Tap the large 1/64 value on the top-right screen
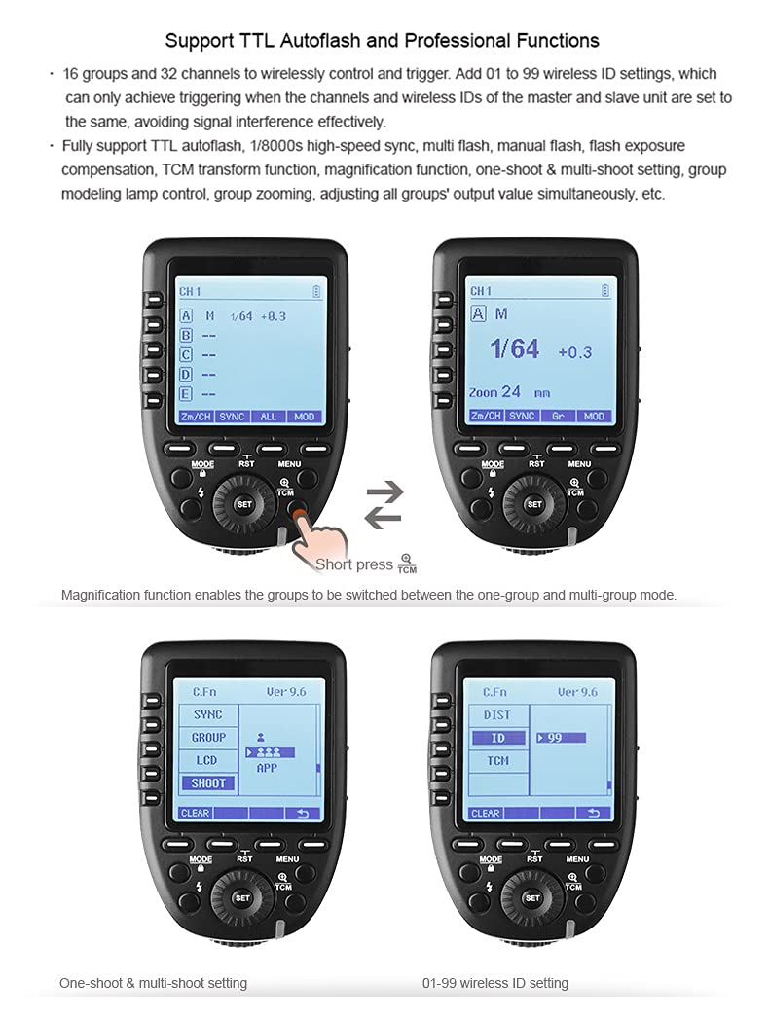point(515,348)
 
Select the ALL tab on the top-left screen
point(268,416)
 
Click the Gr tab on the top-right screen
point(558,416)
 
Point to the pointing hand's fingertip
point(298,512)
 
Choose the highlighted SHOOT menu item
point(207,782)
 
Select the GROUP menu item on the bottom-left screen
point(207,737)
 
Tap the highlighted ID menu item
point(496,738)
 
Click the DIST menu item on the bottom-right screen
point(496,714)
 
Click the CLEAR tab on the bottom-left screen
point(195,813)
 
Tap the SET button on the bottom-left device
point(243,897)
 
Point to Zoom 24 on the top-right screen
point(496,391)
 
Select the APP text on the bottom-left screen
point(266,768)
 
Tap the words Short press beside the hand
point(353,564)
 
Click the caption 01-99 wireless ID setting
point(494,983)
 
